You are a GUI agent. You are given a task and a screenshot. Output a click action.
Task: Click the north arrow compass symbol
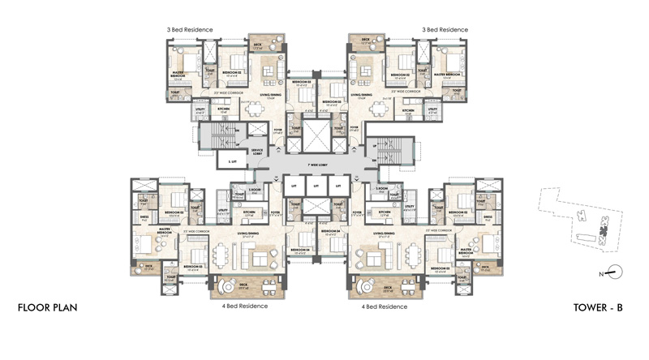point(617,274)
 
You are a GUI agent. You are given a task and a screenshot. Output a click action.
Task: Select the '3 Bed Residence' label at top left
point(187,30)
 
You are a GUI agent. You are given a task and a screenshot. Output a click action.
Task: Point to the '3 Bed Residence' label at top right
point(444,30)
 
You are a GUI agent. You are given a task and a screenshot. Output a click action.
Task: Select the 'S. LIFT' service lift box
point(233,162)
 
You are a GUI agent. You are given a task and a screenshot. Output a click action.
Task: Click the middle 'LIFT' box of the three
point(316,187)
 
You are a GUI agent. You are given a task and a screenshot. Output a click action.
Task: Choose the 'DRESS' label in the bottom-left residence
point(144,217)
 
